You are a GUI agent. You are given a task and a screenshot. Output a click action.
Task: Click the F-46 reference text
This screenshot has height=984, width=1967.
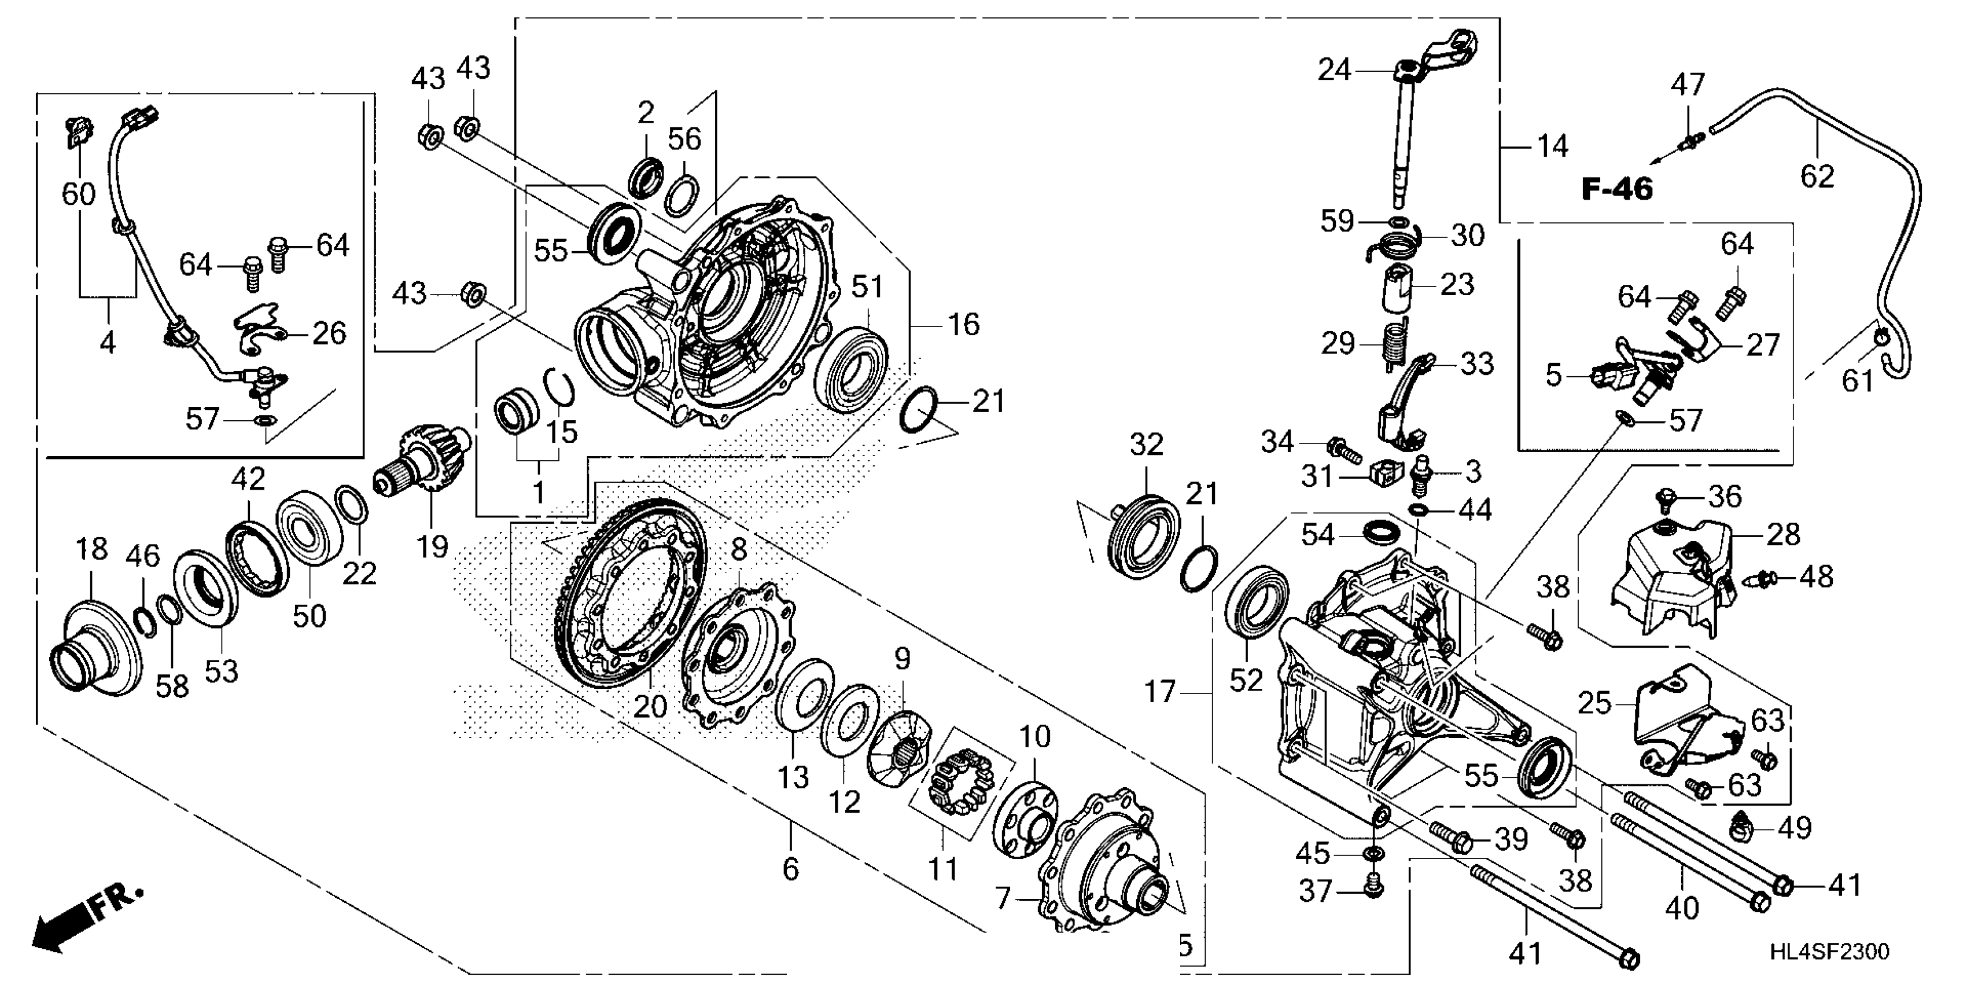pos(1616,189)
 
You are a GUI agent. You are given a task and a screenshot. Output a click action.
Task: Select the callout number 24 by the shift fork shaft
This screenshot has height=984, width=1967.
pos(1334,70)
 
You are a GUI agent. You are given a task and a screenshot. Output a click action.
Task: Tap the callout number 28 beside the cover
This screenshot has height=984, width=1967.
pos(1783,535)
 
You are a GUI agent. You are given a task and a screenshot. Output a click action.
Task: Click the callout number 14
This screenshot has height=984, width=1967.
pos(1552,146)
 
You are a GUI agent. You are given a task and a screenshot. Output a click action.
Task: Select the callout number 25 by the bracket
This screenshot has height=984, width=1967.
pos(1594,703)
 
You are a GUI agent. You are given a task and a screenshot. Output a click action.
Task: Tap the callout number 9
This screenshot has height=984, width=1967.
pos(903,659)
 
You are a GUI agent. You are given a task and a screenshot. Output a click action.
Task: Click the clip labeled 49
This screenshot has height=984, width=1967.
pos(1744,824)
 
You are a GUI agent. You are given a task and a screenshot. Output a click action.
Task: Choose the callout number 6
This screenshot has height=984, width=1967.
pos(790,869)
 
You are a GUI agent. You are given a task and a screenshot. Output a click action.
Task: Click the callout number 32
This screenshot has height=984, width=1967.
pos(1146,445)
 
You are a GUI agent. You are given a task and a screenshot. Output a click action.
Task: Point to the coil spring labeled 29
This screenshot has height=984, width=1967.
pos(1394,343)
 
